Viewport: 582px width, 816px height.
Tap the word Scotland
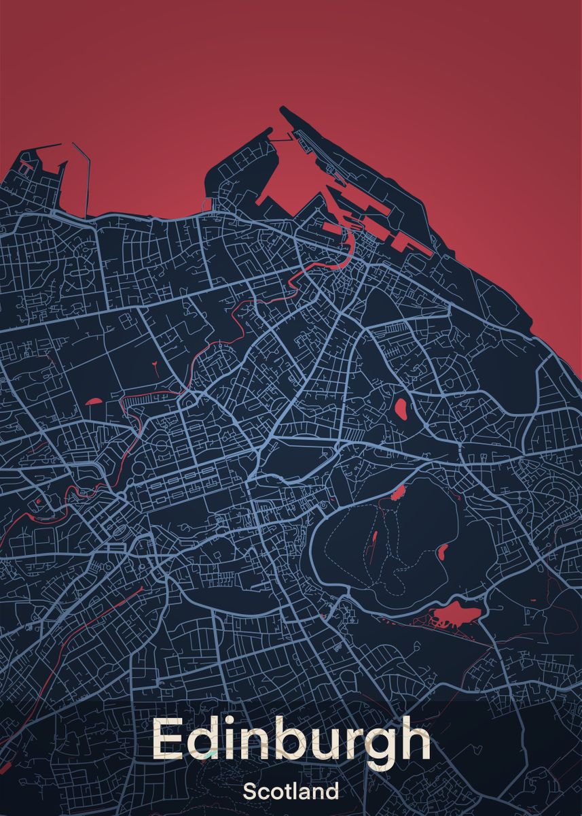point(291,792)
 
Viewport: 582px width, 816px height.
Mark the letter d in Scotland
point(332,792)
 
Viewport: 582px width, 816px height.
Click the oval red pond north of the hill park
point(401,409)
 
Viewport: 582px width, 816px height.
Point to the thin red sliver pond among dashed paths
point(374,541)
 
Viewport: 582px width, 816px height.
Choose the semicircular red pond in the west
point(93,401)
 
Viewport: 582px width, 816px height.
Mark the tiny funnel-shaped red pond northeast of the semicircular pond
point(156,367)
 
